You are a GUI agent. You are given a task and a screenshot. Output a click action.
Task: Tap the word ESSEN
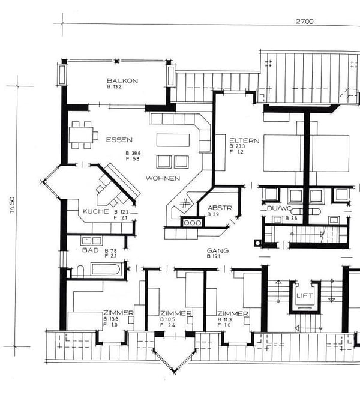tap(119, 140)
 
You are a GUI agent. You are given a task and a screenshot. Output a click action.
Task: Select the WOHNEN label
tap(163, 179)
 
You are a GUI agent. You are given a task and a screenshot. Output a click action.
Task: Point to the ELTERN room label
tap(244, 140)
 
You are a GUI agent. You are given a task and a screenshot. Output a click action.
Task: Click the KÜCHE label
tap(96, 211)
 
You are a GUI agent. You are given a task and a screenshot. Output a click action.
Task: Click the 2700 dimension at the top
tap(305, 21)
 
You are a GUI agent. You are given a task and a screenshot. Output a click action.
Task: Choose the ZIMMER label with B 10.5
tap(176, 313)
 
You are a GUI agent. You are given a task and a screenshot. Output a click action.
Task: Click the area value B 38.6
tap(132, 154)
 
